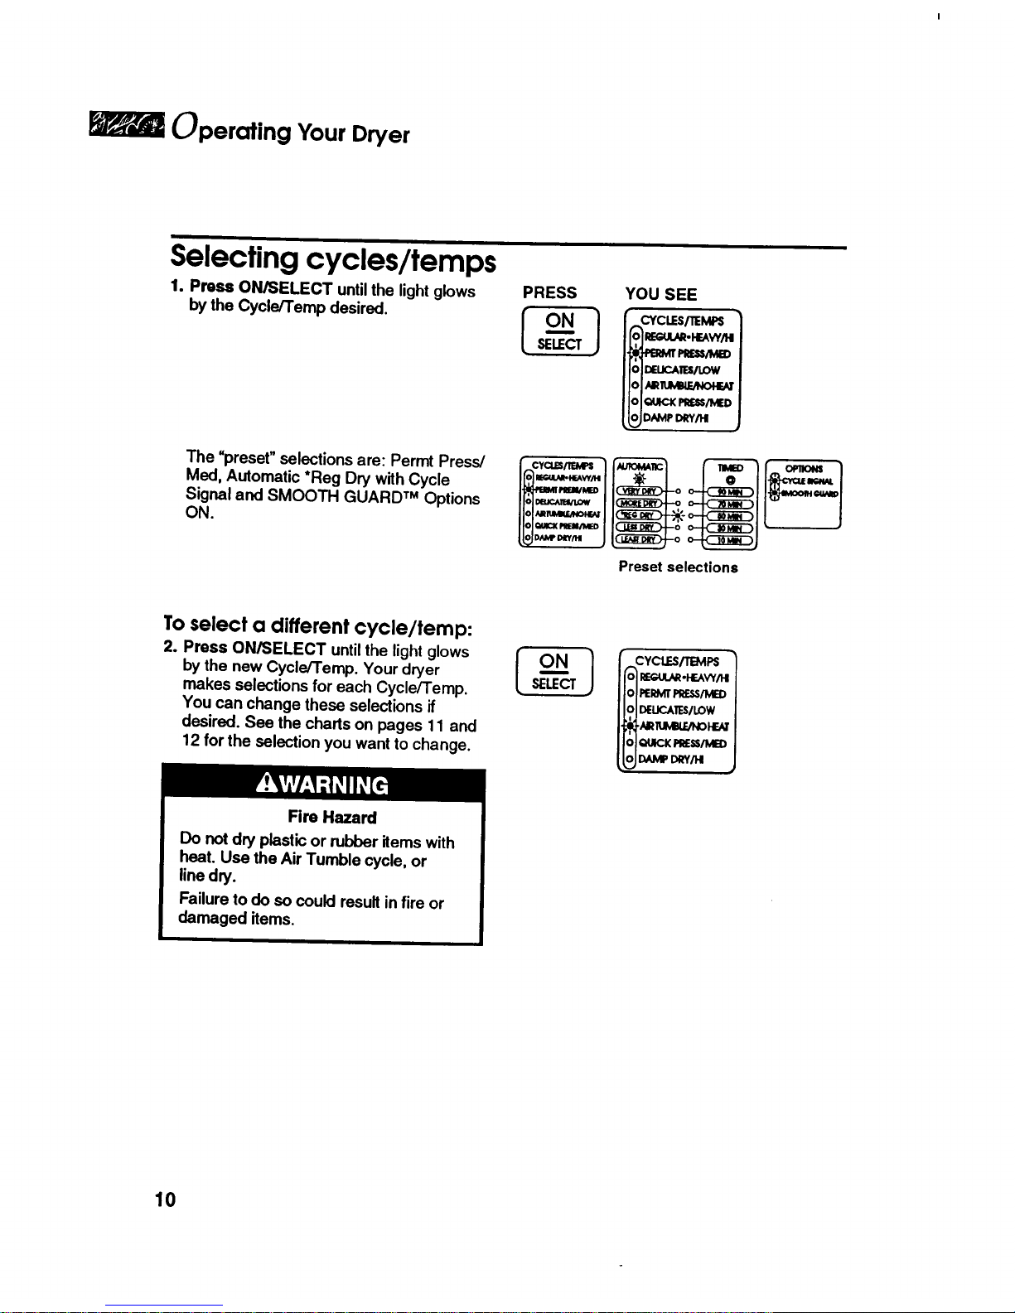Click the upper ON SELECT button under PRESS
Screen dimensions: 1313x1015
click(560, 331)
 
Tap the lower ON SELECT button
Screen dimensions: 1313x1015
click(554, 672)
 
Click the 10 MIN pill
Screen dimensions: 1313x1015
click(728, 541)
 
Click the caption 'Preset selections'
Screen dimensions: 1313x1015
click(678, 567)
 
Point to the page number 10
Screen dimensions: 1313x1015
click(165, 1200)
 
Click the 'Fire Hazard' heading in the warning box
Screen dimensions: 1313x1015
click(332, 818)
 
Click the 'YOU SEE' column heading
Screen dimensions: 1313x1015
click(661, 294)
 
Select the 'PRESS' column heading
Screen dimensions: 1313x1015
click(550, 293)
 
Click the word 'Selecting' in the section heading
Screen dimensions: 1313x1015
click(234, 258)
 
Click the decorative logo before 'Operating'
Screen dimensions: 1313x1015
click(126, 127)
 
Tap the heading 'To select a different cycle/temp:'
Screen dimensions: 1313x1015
click(317, 625)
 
